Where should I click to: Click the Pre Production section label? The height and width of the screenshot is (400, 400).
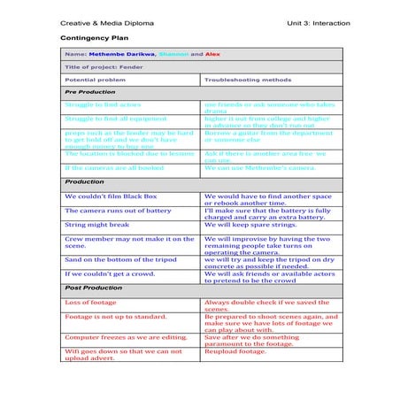tap(89, 91)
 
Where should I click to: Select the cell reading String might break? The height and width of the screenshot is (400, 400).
tap(96, 225)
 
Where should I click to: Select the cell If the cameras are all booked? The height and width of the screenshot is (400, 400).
tap(114, 167)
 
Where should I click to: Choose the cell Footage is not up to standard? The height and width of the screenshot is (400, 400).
tap(115, 316)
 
